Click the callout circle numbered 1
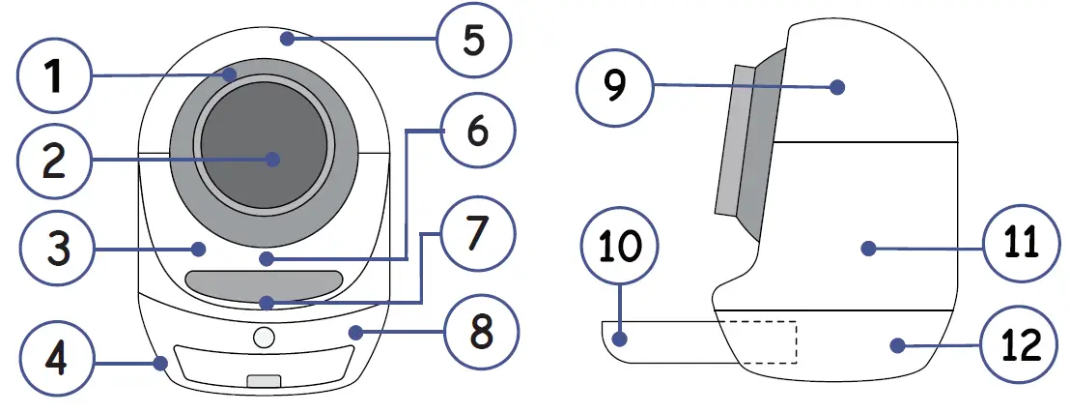click(x=54, y=76)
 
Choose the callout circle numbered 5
click(x=471, y=41)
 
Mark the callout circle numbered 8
click(x=479, y=332)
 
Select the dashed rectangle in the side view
click(x=761, y=342)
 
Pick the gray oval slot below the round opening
click(x=265, y=285)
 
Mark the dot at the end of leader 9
click(x=838, y=87)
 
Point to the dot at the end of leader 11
click(x=867, y=249)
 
